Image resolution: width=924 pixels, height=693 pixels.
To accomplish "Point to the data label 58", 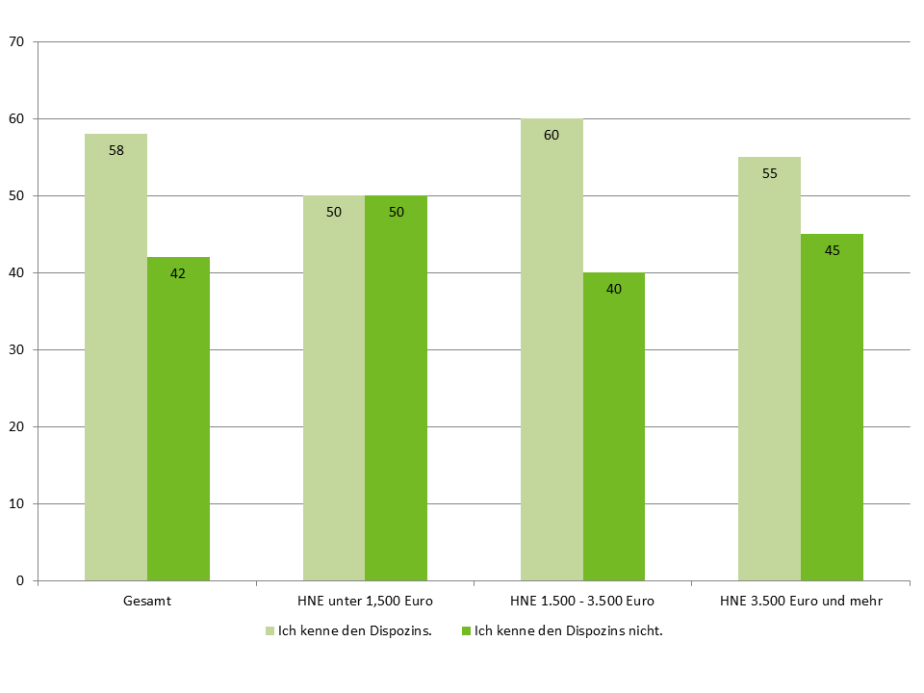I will (x=115, y=150).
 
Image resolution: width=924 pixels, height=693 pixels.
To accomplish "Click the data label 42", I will (x=178, y=273).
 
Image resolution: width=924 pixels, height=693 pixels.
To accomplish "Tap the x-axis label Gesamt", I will (x=147, y=602).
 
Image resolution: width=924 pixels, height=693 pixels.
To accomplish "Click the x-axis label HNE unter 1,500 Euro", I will (x=365, y=602).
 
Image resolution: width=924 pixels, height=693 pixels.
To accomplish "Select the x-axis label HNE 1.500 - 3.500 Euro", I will (x=583, y=602).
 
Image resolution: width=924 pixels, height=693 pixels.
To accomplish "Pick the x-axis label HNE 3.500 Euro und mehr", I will (x=801, y=602).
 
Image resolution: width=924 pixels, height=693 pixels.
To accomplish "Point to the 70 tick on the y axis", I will (x=16, y=42).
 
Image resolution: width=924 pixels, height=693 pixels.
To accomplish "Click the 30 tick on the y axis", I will (x=16, y=350).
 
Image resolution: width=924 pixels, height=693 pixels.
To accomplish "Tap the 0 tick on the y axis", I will (x=20, y=581).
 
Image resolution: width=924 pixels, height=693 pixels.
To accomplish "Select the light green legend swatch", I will (x=269, y=632).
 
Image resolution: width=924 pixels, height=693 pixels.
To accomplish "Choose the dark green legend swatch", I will (x=467, y=632).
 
